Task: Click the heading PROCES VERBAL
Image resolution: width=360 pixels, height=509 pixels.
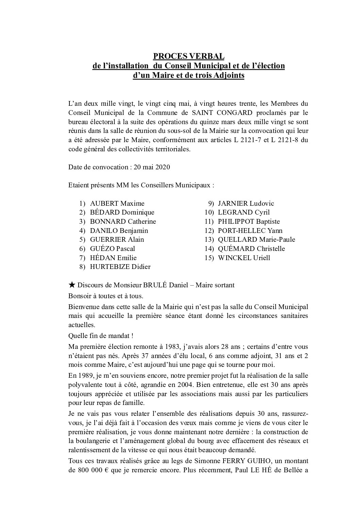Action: point(188,56)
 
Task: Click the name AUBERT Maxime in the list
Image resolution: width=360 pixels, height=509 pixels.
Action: point(117,203)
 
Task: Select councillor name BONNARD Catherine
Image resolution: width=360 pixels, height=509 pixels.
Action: point(123,221)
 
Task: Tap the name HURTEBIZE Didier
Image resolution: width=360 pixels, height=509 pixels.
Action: point(120,267)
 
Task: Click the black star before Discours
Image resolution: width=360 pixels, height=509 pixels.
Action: point(71,285)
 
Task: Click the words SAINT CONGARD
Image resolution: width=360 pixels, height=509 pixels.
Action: point(214,112)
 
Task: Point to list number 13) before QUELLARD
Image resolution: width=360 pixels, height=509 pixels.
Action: point(209,239)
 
